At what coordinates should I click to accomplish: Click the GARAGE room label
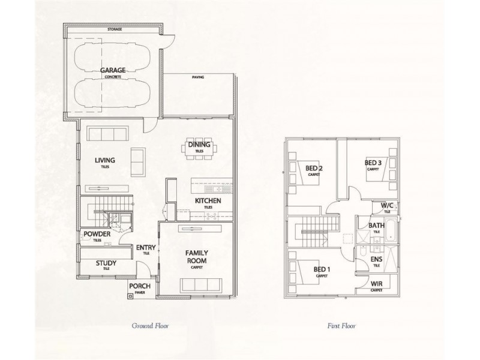tap(113, 71)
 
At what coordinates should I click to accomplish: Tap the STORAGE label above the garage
tap(115, 29)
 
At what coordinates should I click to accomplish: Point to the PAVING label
tap(199, 78)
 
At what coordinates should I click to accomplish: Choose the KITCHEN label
tap(208, 201)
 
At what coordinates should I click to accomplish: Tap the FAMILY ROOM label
tap(196, 257)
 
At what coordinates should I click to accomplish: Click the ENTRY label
tap(145, 248)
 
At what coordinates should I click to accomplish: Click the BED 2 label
tap(314, 168)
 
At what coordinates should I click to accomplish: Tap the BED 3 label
tap(373, 163)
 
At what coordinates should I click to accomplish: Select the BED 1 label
tap(322, 269)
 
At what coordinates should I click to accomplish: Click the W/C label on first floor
tap(387, 206)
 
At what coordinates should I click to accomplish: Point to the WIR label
tap(377, 285)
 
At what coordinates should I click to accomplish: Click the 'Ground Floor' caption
tap(150, 326)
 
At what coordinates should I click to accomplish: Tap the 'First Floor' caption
tap(341, 326)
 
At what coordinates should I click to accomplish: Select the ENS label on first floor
tap(376, 259)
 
